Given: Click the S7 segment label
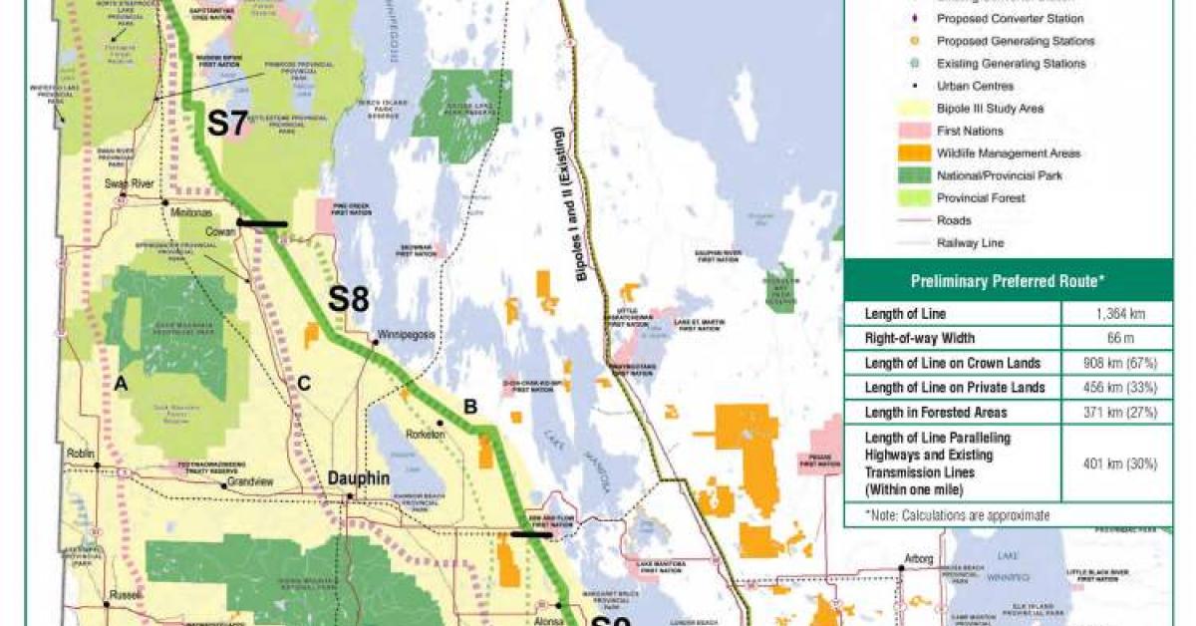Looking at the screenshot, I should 226,124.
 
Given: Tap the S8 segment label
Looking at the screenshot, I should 350,300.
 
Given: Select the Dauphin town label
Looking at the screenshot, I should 358,478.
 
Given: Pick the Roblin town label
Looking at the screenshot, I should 81,454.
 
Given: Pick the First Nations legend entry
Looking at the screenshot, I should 969,131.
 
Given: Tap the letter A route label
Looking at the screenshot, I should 121,383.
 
